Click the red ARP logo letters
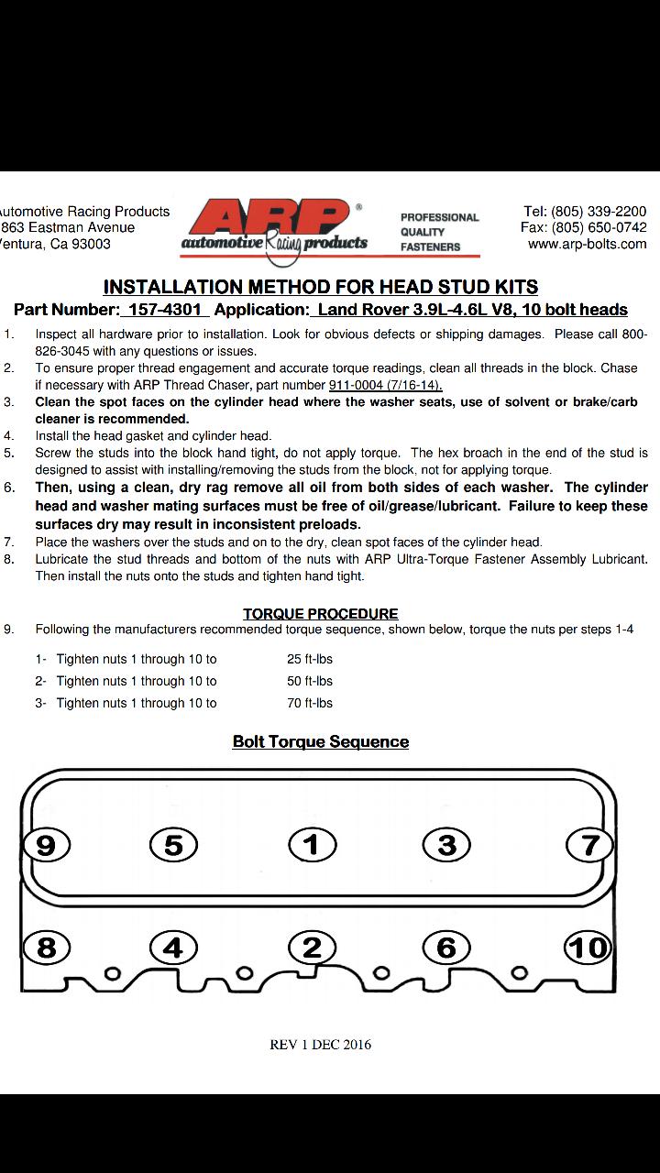click(x=271, y=220)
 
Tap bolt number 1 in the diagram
click(x=313, y=844)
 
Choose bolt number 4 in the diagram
click(x=172, y=947)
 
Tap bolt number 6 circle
click(x=446, y=947)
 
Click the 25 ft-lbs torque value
click(x=310, y=659)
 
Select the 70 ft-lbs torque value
click(x=310, y=703)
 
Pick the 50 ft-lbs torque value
click(x=310, y=681)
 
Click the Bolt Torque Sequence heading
click(x=321, y=741)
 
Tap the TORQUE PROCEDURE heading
click(x=321, y=613)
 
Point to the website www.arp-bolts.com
click(x=587, y=244)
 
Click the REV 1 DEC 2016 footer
click(x=321, y=1044)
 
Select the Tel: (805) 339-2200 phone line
click(x=585, y=211)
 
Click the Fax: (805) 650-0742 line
click(x=584, y=227)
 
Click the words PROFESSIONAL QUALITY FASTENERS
click(x=439, y=232)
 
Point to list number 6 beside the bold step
click(x=9, y=488)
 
